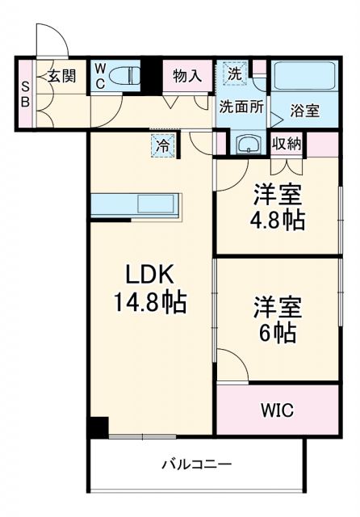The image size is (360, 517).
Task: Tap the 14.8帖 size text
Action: (149, 303)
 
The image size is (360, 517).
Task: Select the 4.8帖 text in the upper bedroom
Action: (278, 220)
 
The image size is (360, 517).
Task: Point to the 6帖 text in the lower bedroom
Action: (278, 332)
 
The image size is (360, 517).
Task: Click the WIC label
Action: (277, 410)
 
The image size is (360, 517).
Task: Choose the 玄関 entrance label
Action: (61, 77)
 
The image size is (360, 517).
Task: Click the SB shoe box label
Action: (25, 94)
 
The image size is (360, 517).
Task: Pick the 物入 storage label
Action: (187, 77)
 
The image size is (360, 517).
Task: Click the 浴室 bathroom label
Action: (305, 111)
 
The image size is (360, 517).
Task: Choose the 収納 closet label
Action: (287, 145)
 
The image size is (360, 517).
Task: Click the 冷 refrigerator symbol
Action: (163, 146)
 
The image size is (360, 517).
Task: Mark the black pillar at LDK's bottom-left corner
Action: (98, 427)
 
